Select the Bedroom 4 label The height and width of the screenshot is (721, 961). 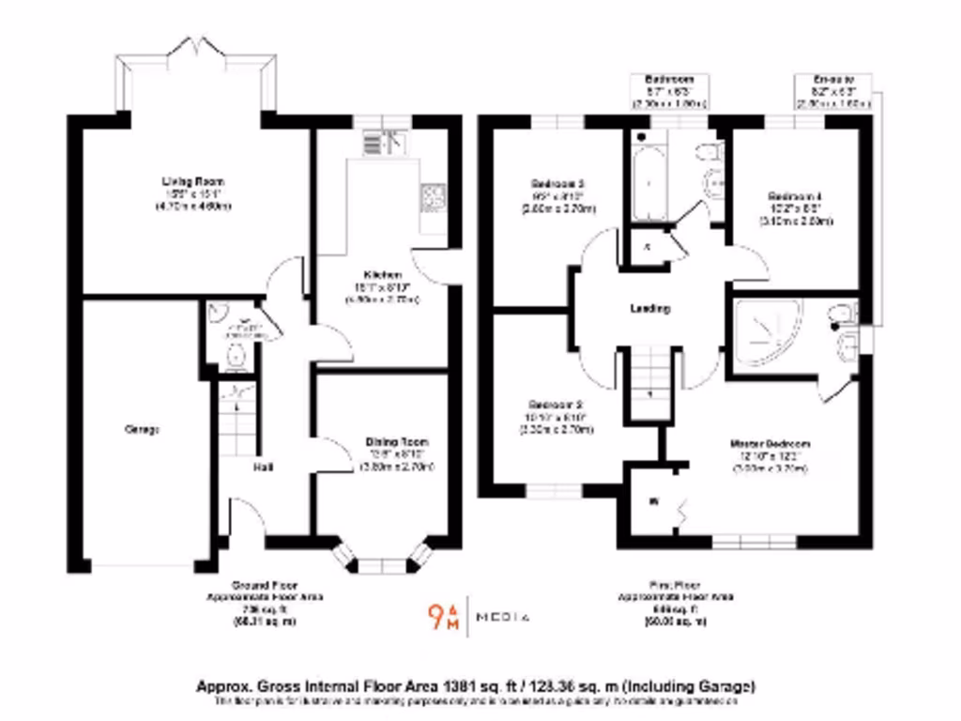click(x=785, y=196)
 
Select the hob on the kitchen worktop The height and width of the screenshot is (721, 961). click(x=434, y=195)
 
